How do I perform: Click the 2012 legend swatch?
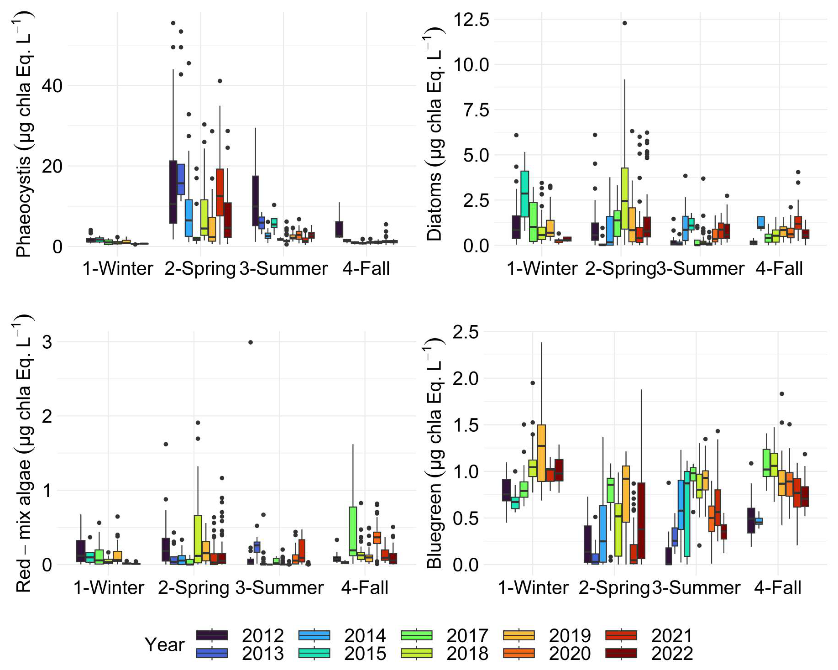click(x=212, y=635)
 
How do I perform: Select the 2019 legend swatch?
click(x=519, y=635)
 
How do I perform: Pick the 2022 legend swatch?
click(x=621, y=654)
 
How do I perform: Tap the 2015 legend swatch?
click(x=314, y=654)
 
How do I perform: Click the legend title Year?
click(x=164, y=644)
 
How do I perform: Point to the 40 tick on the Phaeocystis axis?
click(x=52, y=86)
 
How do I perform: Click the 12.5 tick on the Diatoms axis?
click(x=470, y=20)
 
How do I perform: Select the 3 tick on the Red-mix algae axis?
click(x=47, y=342)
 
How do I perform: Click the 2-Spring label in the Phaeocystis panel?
click(x=200, y=268)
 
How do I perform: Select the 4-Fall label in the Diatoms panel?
click(x=779, y=268)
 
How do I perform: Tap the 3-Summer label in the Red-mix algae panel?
click(x=279, y=587)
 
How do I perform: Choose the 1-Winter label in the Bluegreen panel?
click(x=533, y=587)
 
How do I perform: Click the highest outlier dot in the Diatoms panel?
click(x=624, y=23)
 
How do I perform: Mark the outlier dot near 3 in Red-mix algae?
click(x=250, y=342)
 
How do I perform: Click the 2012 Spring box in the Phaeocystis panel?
click(x=173, y=192)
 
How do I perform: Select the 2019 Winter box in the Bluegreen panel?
click(x=541, y=453)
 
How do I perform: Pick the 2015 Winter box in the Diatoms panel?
click(x=524, y=194)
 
